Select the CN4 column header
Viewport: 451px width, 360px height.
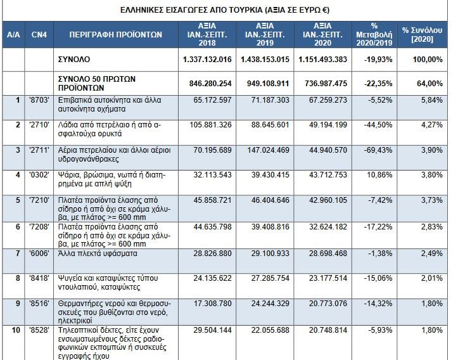click(x=39, y=35)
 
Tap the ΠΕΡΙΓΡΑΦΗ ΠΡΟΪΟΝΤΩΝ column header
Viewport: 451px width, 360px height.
click(x=116, y=35)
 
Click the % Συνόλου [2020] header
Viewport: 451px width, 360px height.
click(x=422, y=34)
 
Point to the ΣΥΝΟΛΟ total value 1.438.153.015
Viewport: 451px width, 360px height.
click(x=265, y=60)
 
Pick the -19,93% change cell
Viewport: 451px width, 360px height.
click(x=378, y=60)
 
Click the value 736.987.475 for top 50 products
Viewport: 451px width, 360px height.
click(x=326, y=84)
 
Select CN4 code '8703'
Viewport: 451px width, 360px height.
click(x=39, y=100)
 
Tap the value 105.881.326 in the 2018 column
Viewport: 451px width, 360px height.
click(x=210, y=125)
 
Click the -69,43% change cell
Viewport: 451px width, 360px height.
click(x=378, y=150)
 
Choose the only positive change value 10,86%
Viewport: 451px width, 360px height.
click(x=379, y=175)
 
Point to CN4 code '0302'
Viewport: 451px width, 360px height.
click(x=39, y=175)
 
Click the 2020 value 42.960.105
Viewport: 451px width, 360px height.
click(x=328, y=200)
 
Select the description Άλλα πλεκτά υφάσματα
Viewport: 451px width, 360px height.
click(x=98, y=254)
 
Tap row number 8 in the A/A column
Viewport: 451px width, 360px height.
click(x=18, y=278)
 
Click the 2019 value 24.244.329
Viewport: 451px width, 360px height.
click(x=270, y=304)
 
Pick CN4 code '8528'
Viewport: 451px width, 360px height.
click(x=39, y=330)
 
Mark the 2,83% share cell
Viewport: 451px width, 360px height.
click(x=432, y=227)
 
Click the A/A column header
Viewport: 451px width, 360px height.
click(x=13, y=35)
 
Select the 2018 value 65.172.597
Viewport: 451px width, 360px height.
click(x=212, y=100)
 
